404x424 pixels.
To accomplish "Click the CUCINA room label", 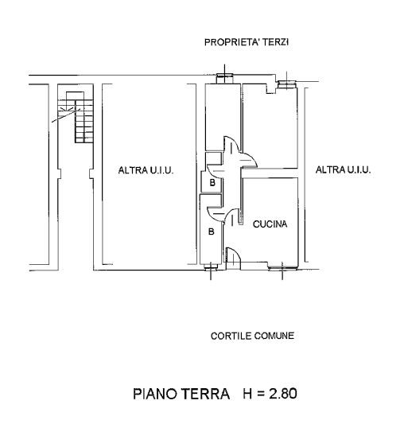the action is point(270,224).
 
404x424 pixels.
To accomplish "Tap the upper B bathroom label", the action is point(212,183).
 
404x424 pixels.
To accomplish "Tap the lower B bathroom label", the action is point(212,231).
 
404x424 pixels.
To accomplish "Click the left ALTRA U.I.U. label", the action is point(146,170).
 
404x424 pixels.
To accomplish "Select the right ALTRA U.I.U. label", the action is point(343,169).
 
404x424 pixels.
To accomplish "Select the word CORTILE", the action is point(231,336).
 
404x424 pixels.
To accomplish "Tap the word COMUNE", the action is point(274,336).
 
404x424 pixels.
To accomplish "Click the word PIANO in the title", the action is point(154,394).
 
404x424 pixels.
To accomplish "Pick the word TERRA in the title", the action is point(205,394).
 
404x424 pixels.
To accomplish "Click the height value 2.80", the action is point(282,394).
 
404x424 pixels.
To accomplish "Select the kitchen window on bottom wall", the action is point(282,268).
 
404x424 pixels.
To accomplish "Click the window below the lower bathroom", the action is point(211,267).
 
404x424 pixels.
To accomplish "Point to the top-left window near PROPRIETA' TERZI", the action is point(224,79).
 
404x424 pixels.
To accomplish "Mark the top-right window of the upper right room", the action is point(286,84).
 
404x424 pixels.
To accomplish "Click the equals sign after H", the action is point(261,394).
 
